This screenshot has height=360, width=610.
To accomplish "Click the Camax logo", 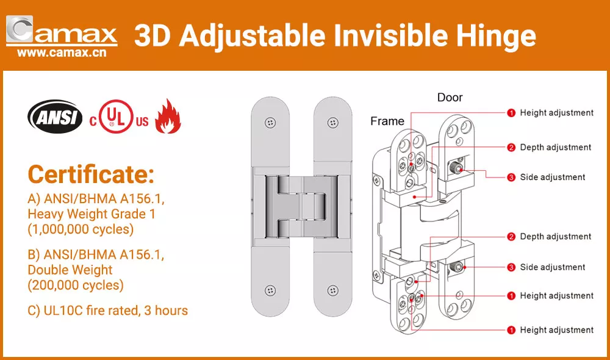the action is click(x=62, y=31).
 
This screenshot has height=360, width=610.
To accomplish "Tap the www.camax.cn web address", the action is click(x=62, y=52).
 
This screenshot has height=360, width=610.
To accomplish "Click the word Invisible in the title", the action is click(x=391, y=35).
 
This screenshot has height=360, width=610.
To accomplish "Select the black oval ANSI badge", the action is click(x=55, y=117).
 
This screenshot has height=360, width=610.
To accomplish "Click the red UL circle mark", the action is click(x=116, y=117).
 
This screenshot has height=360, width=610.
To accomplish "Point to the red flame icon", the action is click(x=168, y=116).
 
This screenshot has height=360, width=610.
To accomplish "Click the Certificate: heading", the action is click(x=91, y=174).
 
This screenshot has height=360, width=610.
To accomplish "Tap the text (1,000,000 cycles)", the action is click(x=81, y=229).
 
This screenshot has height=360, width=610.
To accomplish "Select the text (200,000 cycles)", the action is click(x=76, y=286).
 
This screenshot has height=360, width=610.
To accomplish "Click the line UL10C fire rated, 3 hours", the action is click(x=108, y=311).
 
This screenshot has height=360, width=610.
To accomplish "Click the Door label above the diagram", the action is click(x=450, y=97).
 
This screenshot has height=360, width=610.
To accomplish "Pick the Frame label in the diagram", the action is click(x=387, y=121).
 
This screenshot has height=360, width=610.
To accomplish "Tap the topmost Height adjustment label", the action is click(x=557, y=113).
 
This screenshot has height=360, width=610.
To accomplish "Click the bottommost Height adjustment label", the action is click(x=557, y=330).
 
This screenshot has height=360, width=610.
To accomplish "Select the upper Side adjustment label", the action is click(x=553, y=178).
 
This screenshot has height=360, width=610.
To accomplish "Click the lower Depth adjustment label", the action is click(x=556, y=237).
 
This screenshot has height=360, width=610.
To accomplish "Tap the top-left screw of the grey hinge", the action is click(x=270, y=123).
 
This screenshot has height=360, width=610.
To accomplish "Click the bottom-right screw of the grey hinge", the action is click(x=332, y=290).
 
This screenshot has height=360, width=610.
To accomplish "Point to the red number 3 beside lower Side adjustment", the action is click(x=511, y=267).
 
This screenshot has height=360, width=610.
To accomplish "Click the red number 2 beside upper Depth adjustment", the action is click(x=511, y=148).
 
